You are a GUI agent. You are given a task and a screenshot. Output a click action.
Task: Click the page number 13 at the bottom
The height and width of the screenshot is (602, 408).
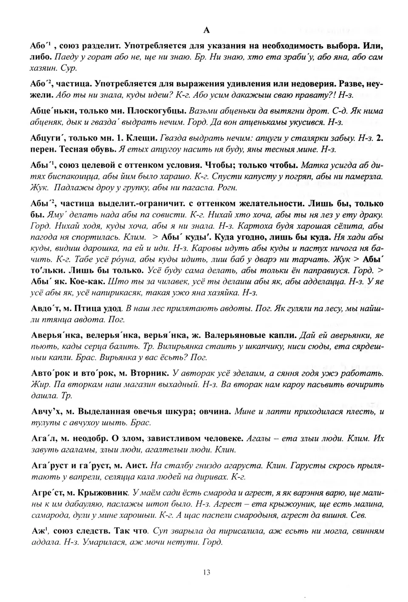click(207, 572)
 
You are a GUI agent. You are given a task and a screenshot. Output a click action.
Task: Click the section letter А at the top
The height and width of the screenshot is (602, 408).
click(207, 30)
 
